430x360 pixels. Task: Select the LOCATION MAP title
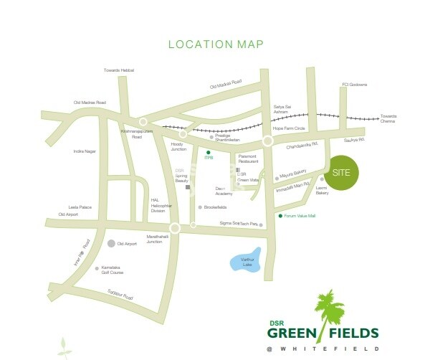click(x=216, y=44)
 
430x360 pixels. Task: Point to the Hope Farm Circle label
click(x=289, y=128)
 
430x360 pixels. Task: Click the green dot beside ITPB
click(x=209, y=153)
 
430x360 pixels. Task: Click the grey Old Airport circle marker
click(x=111, y=244)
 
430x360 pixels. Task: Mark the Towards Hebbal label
click(x=119, y=70)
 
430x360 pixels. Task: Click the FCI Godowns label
click(x=355, y=85)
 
